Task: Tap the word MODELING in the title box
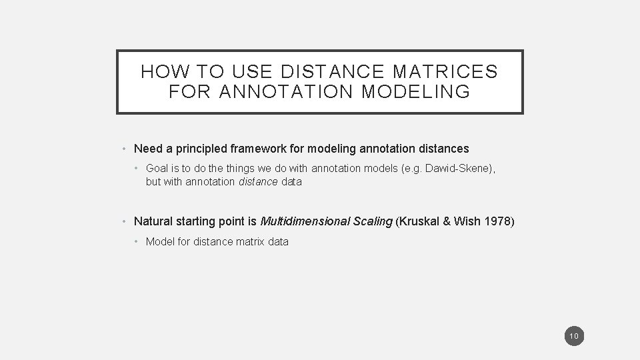415,91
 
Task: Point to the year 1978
496,221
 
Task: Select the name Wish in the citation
465,221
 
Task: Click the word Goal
158,169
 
